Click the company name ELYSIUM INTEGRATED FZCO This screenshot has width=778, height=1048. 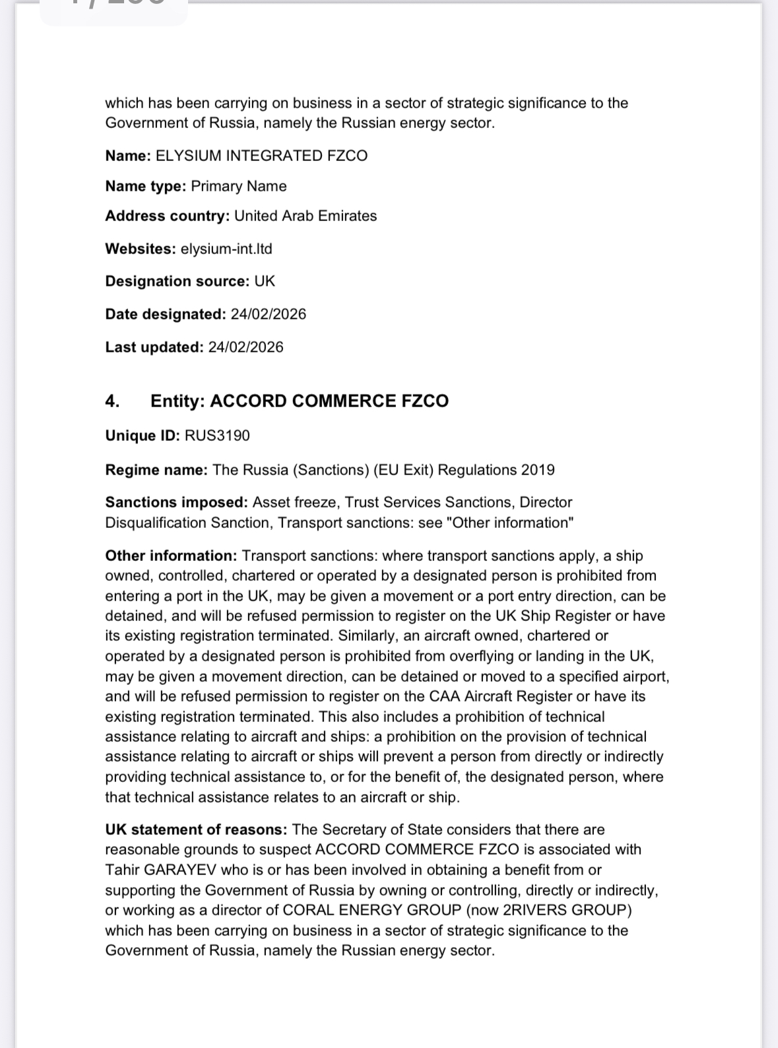pos(261,156)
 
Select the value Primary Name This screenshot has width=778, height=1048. pos(239,186)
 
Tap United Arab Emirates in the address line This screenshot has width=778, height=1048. pos(306,216)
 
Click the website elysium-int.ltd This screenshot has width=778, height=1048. pos(226,249)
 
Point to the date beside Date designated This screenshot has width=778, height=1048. pos(269,314)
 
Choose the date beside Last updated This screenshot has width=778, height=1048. pos(245,347)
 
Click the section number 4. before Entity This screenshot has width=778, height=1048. pos(112,401)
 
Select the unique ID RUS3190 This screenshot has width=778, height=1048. pos(217,436)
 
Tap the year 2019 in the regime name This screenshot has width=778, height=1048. pos(538,470)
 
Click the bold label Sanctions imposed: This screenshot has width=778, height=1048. pos(176,502)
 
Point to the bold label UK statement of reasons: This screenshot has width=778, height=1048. pos(196,830)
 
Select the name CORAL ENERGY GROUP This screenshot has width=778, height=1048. pos(372,910)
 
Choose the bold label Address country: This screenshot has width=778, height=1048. pos(167,216)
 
